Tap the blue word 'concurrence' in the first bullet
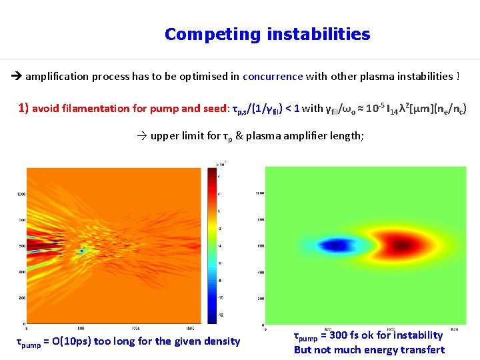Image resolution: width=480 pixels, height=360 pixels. (273, 76)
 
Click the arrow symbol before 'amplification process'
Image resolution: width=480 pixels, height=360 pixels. (17, 76)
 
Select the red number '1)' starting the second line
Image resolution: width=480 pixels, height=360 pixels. (23, 108)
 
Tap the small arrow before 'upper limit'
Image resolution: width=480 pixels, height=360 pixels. (141, 136)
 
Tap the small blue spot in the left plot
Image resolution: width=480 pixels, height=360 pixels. (81, 251)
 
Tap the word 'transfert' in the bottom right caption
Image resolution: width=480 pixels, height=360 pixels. (422, 350)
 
